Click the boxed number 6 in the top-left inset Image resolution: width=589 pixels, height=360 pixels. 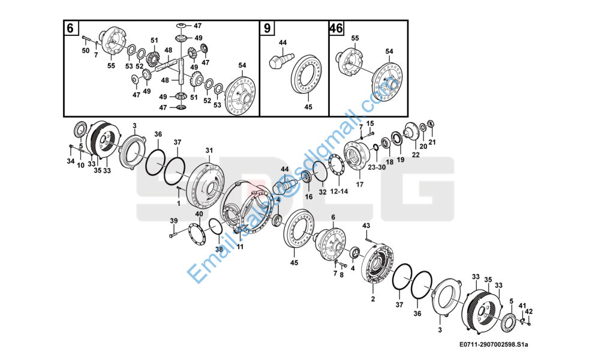point(70,28)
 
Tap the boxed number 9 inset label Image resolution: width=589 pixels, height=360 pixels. point(267,28)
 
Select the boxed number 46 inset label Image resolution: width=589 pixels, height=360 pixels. point(336,28)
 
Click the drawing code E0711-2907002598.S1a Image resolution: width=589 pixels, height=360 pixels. point(493,344)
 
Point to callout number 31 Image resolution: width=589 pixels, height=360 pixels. point(209,151)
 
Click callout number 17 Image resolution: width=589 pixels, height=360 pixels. point(359,185)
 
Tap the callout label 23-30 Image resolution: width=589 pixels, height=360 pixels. point(377,167)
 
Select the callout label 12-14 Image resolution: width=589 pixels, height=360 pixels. point(339,191)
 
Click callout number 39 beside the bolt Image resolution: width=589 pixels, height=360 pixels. point(173,221)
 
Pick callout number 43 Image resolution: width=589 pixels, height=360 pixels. point(366,226)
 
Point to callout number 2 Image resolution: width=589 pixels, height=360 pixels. point(372,299)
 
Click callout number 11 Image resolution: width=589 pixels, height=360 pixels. point(240,247)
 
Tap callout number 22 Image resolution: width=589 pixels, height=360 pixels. point(416,154)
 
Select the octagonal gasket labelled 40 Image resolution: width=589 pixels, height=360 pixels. point(197,234)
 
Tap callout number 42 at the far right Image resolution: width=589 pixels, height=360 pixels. point(528,311)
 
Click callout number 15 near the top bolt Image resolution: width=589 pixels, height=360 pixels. point(370,123)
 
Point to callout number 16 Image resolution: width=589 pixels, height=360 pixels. point(308,197)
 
